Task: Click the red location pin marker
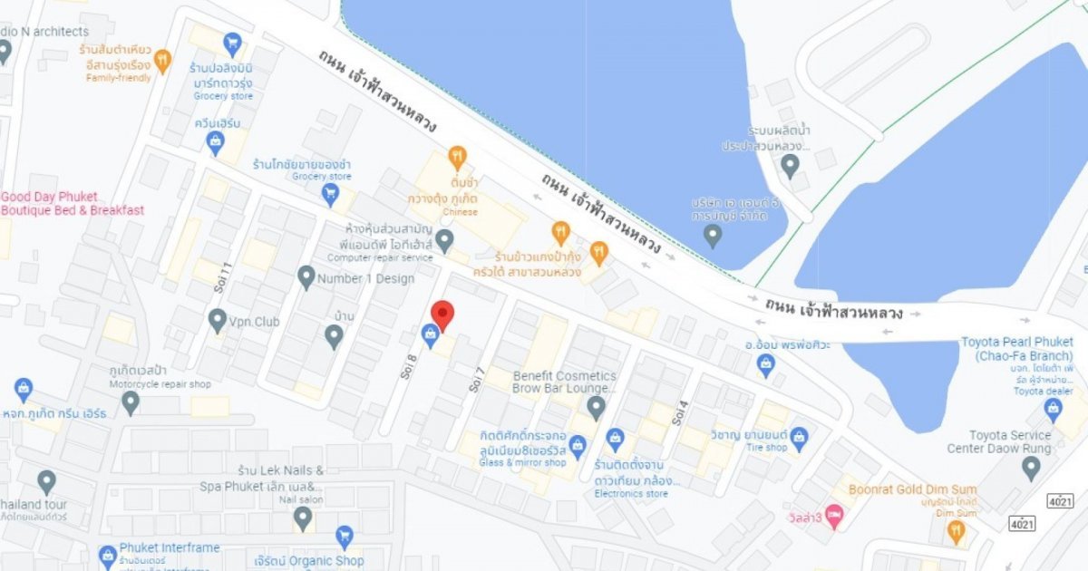[442, 314]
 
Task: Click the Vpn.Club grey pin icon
[217, 320]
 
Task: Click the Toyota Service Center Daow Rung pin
[1031, 468]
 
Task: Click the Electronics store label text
[631, 494]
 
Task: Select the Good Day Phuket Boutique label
[72, 204]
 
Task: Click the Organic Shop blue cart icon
[344, 537]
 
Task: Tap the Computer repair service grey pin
[444, 240]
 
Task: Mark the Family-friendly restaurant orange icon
[163, 61]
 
